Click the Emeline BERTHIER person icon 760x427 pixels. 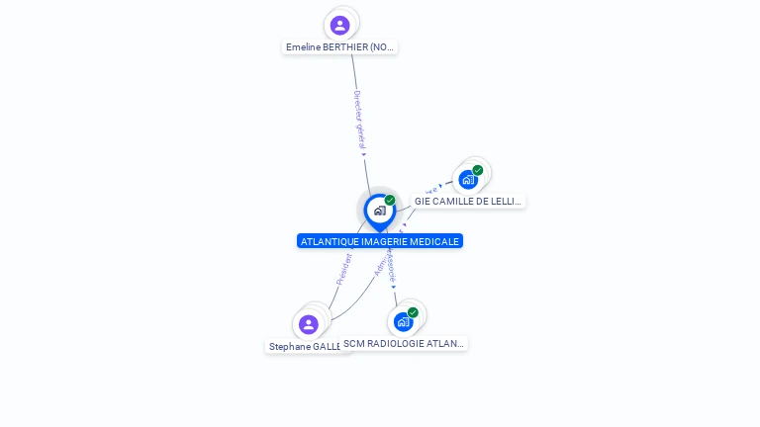[339, 25]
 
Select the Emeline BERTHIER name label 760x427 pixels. [339, 47]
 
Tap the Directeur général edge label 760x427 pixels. [360, 120]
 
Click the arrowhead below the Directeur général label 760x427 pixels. [364, 153]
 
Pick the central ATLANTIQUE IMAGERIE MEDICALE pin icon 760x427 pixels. [379, 211]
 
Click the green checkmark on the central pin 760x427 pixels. [390, 201]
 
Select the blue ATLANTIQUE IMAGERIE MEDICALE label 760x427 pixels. [380, 241]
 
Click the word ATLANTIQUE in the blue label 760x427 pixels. [326, 241]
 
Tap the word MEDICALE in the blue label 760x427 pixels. [436, 241]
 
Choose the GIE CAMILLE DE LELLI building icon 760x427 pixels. [468, 180]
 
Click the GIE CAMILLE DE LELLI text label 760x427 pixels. [468, 202]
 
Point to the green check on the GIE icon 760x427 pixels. [478, 170]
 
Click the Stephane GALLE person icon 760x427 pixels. [309, 324]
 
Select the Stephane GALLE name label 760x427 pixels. [305, 347]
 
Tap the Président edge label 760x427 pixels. [344, 269]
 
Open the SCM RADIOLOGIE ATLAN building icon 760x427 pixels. [403, 321]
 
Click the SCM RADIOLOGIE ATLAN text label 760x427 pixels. [404, 344]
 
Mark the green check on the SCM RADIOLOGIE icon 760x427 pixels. [413, 312]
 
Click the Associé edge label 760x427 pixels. [392, 266]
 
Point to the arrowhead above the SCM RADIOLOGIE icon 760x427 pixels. [394, 288]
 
